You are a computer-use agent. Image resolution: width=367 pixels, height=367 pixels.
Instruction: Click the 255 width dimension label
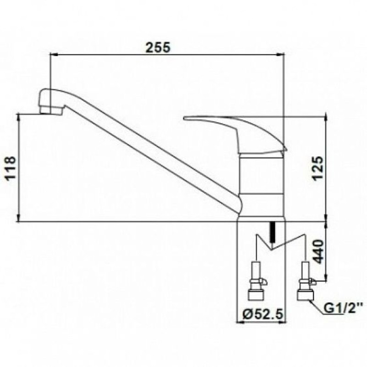[158, 48]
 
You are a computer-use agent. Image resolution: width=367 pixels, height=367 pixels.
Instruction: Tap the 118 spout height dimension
[11, 168]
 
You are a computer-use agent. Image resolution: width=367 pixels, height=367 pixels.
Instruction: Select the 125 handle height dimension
[318, 168]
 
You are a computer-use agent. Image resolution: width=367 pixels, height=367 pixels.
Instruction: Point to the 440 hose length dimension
[318, 251]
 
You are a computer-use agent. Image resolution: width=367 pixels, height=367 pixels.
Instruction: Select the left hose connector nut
[256, 295]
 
